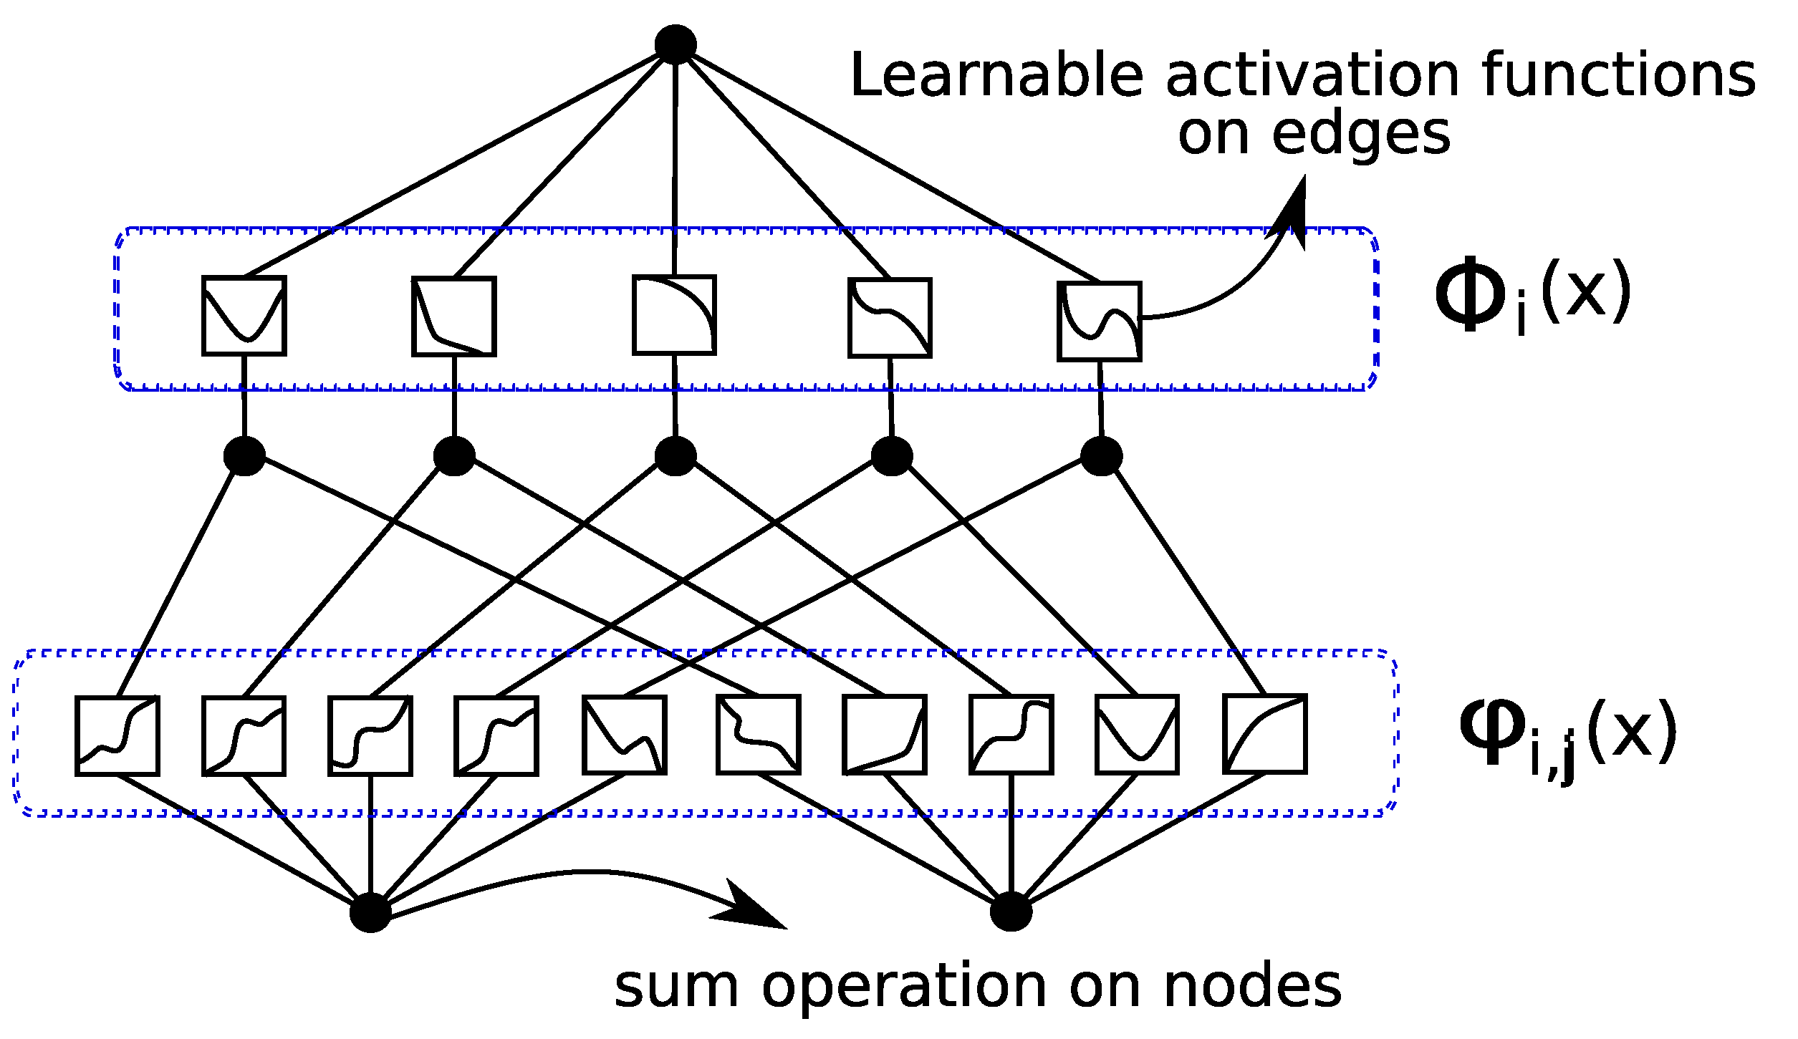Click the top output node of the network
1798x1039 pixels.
click(676, 44)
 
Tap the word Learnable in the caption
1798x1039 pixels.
click(996, 76)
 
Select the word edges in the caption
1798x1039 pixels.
click(1360, 135)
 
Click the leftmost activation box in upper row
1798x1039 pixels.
click(244, 315)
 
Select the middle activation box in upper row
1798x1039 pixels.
click(674, 314)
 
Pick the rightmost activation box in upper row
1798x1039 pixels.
click(1099, 321)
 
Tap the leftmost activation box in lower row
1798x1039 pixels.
click(117, 735)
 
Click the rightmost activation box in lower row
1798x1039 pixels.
click(1264, 734)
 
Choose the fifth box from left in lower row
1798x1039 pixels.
click(624, 735)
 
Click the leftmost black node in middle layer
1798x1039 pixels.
click(244, 456)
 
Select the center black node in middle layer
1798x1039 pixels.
click(676, 456)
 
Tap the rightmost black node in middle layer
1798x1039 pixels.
click(1101, 456)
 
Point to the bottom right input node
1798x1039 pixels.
click(1011, 912)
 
